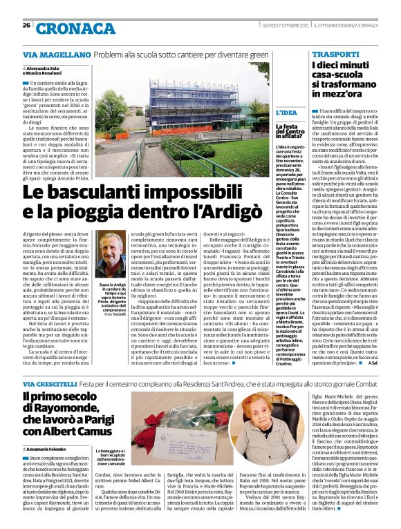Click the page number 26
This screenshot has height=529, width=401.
click(26, 26)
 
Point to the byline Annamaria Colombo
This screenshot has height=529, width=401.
click(52, 450)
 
